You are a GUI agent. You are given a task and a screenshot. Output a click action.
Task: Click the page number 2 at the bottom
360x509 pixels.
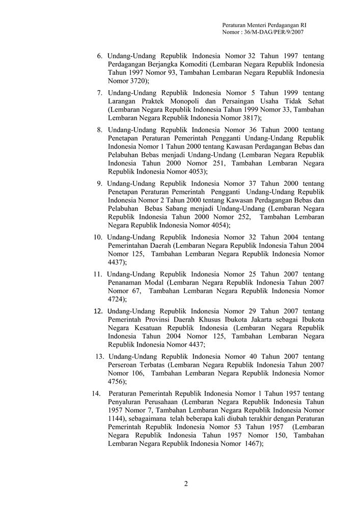186,484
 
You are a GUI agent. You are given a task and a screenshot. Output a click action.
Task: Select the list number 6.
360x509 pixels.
100,55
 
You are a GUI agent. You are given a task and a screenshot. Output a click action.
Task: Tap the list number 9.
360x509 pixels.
100,183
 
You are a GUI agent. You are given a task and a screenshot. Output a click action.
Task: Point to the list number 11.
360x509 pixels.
98,274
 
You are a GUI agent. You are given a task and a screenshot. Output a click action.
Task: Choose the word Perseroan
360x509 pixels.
125,365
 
